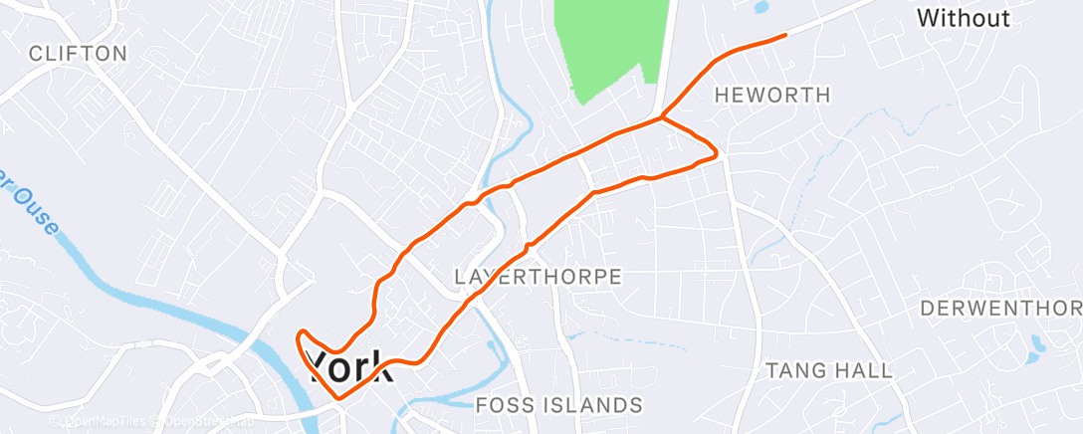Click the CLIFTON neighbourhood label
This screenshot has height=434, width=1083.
78,54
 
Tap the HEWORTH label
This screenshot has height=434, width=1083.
772,96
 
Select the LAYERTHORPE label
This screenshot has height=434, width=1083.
538,276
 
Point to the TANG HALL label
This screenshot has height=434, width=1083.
828,370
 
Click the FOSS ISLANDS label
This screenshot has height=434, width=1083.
558,405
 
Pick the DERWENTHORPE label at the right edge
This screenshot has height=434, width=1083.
1000,308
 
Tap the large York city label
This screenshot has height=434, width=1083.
350,366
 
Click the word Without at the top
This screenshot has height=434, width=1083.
963,18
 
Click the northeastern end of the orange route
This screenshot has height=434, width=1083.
785,36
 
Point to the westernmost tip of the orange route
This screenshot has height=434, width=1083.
298,335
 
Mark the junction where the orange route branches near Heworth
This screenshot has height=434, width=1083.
662,117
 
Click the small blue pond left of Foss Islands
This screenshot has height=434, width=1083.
492,346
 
